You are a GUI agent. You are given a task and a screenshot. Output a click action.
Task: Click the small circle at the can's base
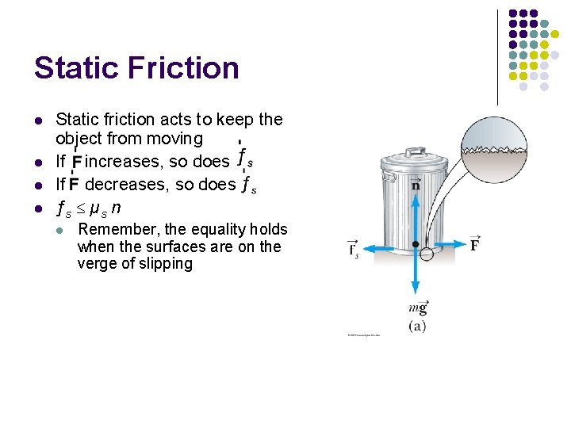[x=427, y=254]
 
